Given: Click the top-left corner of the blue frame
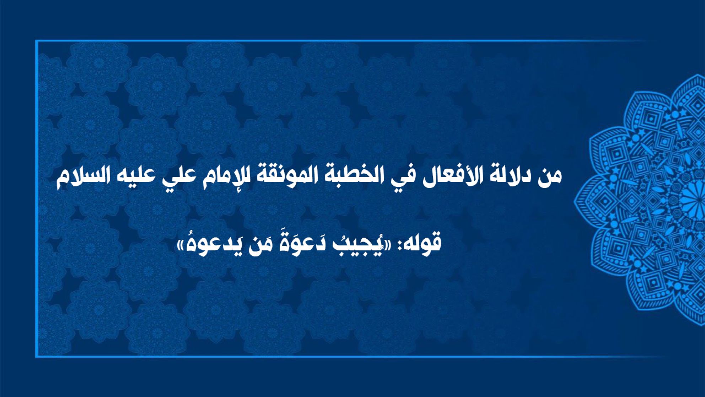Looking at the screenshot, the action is (36, 41).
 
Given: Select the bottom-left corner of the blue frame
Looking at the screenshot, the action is (36, 356).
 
